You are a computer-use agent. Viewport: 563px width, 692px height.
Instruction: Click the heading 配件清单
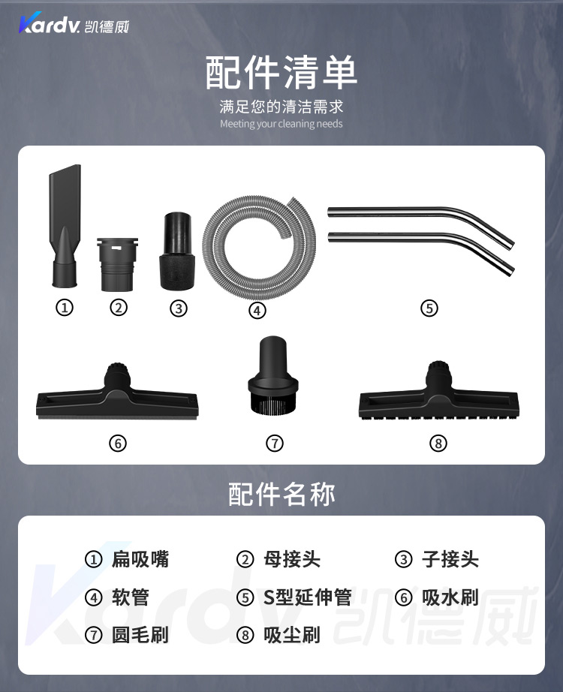(281, 72)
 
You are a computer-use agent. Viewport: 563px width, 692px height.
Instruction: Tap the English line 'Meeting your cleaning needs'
(281, 124)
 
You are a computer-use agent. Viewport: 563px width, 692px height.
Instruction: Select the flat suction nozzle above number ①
(65, 225)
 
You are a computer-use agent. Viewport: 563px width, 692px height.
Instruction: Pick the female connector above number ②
(117, 264)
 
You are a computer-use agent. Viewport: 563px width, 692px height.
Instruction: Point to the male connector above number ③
(177, 251)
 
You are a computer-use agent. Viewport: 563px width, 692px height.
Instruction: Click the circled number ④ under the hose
(257, 310)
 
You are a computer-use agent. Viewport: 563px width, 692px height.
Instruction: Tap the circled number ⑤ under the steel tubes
(429, 308)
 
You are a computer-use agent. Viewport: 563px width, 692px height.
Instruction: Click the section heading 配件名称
(281, 493)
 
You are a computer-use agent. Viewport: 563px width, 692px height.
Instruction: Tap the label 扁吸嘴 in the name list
(140, 559)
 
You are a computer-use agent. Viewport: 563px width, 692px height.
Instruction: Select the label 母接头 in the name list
(292, 559)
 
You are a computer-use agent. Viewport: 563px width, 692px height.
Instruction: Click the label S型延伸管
(307, 597)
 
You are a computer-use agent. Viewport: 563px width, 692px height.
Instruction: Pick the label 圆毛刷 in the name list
(140, 635)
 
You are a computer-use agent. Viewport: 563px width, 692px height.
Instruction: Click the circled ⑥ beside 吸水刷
(403, 597)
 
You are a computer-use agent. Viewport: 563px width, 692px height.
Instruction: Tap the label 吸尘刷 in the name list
(292, 635)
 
